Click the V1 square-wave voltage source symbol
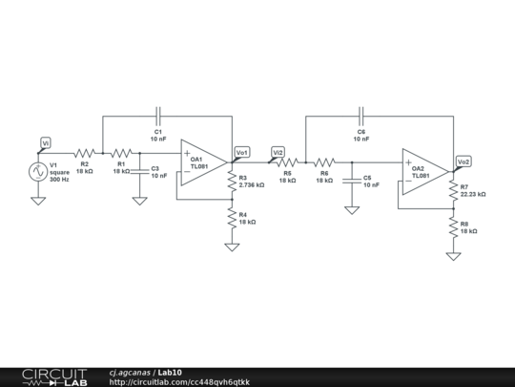click(38, 173)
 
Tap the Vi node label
click(44, 143)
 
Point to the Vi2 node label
click(278, 152)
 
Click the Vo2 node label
click(463, 161)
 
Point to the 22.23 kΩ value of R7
click(474, 194)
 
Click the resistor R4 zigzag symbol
click(231, 219)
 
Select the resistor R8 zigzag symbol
click(453, 228)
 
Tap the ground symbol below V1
click(38, 202)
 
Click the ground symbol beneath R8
click(453, 255)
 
